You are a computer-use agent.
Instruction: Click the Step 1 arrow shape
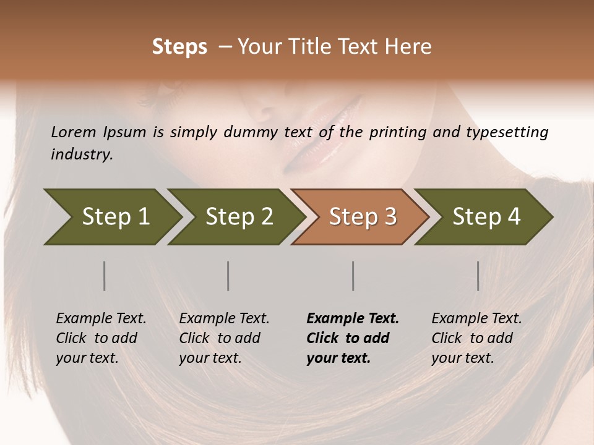tap(111, 217)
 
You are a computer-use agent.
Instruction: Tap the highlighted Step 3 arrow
tap(361, 217)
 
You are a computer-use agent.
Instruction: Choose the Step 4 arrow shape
tap(484, 217)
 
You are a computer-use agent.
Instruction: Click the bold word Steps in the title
tap(179, 47)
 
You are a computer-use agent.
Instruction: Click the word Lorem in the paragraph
tap(74, 132)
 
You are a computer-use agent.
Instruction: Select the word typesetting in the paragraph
tap(507, 132)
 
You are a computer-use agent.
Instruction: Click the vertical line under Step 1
tap(105, 276)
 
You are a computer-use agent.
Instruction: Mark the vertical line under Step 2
tap(228, 276)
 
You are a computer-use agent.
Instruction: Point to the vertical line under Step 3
tap(353, 276)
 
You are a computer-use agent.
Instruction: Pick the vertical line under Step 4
tap(478, 276)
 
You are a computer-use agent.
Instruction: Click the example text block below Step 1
tap(101, 338)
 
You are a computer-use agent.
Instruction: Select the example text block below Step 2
tap(224, 338)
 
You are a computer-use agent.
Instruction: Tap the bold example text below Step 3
tap(353, 338)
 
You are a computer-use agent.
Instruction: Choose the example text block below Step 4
tap(476, 338)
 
